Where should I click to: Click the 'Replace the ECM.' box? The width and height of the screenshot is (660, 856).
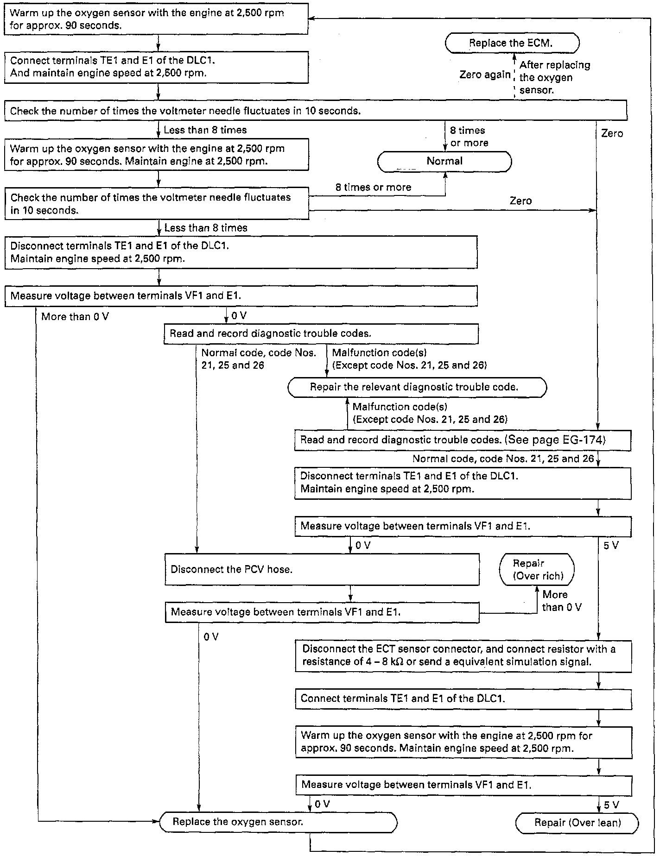tap(512, 43)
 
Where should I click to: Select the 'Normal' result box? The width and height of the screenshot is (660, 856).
tap(444, 161)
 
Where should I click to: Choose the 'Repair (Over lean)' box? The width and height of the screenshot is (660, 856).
tap(577, 823)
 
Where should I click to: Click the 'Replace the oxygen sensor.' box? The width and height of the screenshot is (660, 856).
tap(278, 822)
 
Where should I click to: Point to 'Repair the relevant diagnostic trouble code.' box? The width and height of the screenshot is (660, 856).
tap(417, 387)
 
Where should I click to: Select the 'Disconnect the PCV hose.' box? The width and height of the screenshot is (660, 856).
tap(322, 569)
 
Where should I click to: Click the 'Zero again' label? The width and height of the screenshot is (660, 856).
tap(485, 75)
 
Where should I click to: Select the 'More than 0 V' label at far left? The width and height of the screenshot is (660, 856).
tap(75, 317)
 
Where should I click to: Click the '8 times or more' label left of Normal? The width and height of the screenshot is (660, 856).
tap(373, 187)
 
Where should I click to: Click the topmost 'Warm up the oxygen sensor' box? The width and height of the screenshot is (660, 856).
tap(156, 19)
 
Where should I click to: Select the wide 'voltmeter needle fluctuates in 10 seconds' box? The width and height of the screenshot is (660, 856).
tap(315, 111)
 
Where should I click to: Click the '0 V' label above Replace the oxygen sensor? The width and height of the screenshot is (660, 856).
tap(322, 804)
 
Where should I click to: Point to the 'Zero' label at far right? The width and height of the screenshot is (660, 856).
tap(612, 133)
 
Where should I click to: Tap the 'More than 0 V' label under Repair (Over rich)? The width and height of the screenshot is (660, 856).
tap(561, 601)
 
